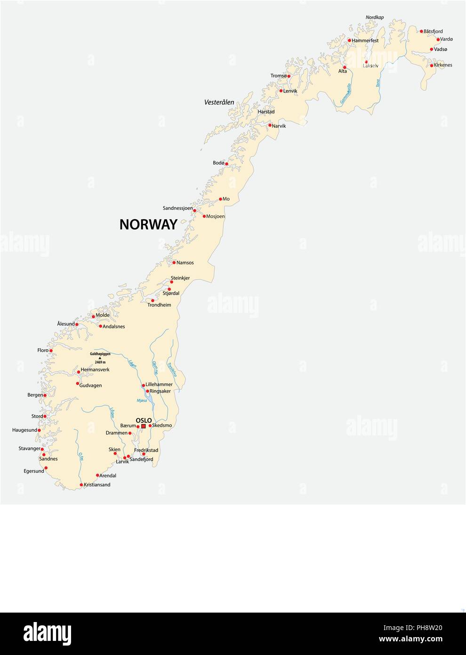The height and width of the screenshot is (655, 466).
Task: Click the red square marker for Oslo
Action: pyautogui.click(x=143, y=426)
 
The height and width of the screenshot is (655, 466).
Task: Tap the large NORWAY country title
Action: pyautogui.click(x=148, y=224)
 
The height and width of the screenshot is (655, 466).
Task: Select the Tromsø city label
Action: pyautogui.click(x=278, y=76)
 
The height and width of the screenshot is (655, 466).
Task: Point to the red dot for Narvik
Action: pyautogui.click(x=270, y=125)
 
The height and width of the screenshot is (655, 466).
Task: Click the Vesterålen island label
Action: pyautogui.click(x=219, y=102)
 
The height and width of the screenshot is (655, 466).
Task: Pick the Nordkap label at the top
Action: pyautogui.click(x=375, y=17)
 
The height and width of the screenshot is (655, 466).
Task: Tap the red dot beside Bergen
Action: pyautogui.click(x=45, y=395)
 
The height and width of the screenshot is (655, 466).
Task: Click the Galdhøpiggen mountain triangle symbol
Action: pyautogui.click(x=100, y=358)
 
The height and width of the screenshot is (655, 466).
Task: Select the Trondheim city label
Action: pyautogui.click(x=159, y=305)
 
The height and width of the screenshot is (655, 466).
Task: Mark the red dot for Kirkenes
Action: pyautogui.click(x=432, y=65)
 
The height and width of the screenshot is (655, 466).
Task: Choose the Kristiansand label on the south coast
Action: pyautogui.click(x=97, y=484)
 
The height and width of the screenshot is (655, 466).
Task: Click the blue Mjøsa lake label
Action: pyautogui.click(x=142, y=401)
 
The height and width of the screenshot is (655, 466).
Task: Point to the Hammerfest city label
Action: pyautogui.click(x=365, y=41)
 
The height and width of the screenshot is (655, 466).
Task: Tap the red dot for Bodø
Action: pyautogui.click(x=226, y=164)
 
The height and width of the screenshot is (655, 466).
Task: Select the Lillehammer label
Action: pyautogui.click(x=159, y=385)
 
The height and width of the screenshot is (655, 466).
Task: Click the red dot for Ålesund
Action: pyautogui.click(x=77, y=325)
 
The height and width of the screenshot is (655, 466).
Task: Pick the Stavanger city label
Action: pyautogui.click(x=29, y=449)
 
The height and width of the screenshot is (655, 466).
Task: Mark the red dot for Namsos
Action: pyautogui.click(x=174, y=262)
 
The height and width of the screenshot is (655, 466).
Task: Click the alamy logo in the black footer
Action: pyautogui.click(x=47, y=634)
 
